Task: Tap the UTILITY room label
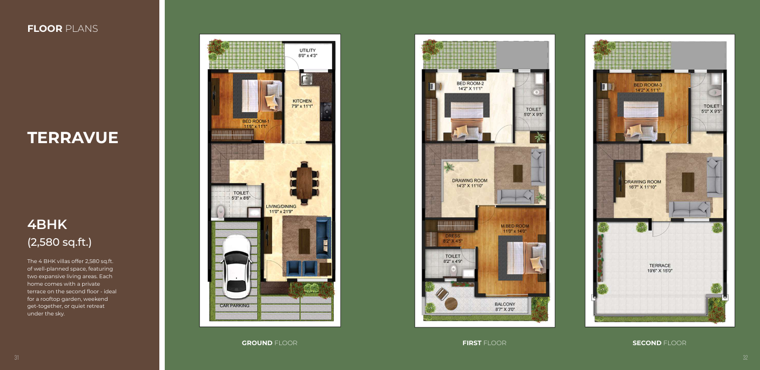308,50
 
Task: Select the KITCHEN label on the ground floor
302,101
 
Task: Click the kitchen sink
306,79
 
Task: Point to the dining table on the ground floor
304,182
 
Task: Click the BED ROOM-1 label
256,121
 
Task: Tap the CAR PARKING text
234,306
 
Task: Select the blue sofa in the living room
324,238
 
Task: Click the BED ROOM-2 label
470,83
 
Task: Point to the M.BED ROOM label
515,226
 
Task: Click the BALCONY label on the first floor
505,304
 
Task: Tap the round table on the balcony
451,304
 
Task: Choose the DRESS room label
453,236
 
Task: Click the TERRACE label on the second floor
660,266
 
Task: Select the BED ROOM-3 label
648,85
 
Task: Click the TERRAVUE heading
72,138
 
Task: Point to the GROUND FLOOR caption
270,343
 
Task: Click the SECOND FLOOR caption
659,343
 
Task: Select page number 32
745,358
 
